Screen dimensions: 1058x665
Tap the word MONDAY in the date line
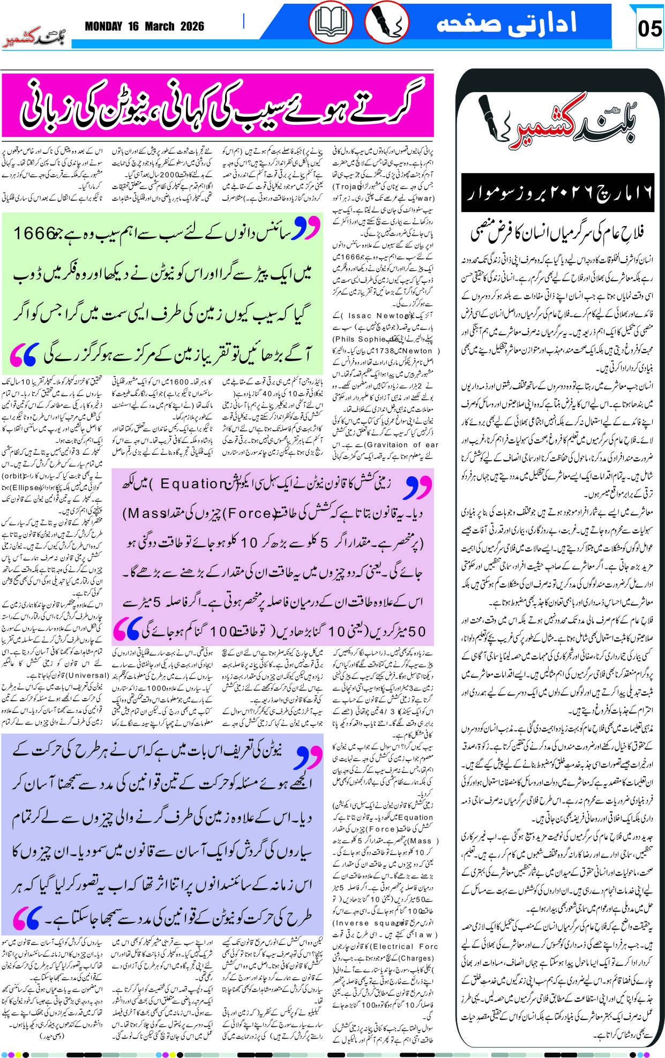103,26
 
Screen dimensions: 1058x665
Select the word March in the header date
159,26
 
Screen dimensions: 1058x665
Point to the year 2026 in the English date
192,26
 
